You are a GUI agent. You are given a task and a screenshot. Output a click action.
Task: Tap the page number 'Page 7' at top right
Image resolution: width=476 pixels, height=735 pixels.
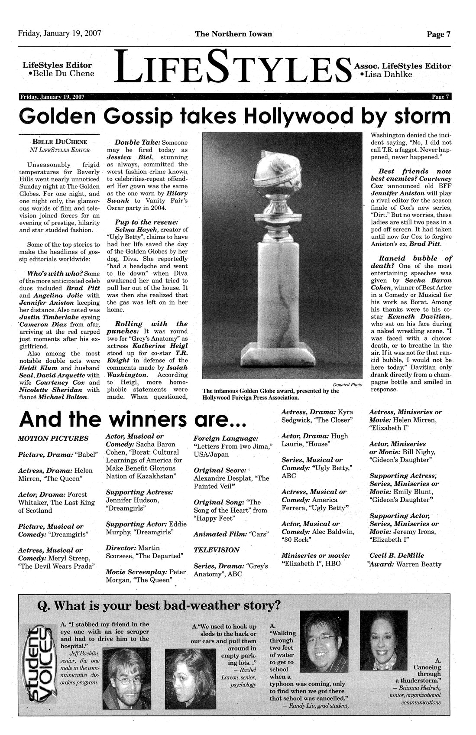coord(439,35)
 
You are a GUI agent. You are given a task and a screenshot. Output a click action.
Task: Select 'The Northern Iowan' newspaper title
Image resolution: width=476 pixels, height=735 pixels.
coord(233,34)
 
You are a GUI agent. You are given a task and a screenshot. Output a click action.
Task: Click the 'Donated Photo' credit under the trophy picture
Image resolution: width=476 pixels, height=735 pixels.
coord(348,385)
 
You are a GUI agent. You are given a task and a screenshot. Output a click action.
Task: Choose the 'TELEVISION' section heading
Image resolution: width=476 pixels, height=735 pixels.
coord(216,550)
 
